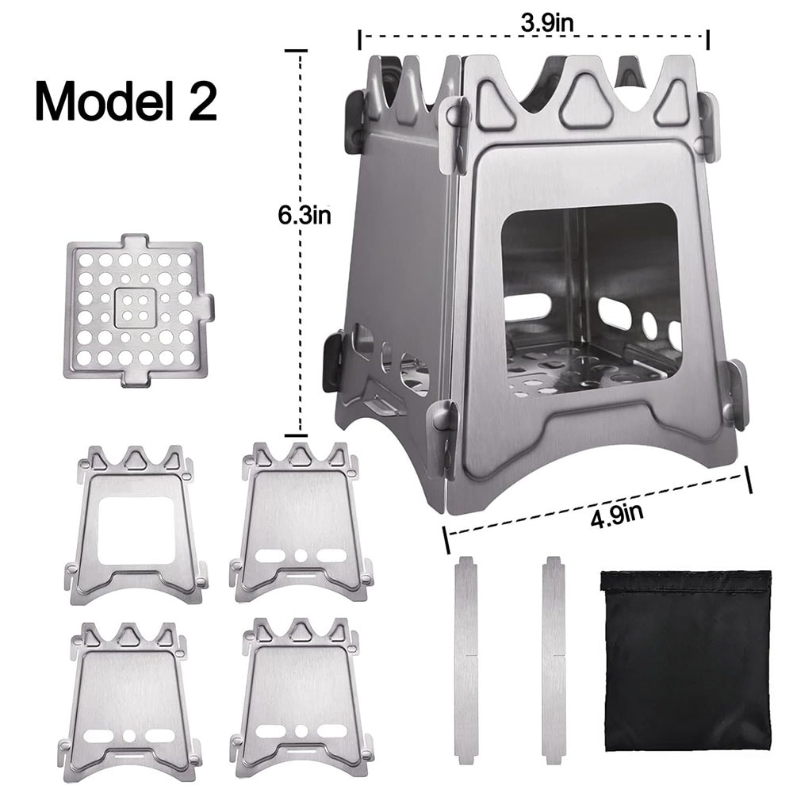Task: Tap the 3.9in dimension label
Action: [546, 23]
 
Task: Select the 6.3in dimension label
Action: [302, 216]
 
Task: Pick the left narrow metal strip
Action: [465, 661]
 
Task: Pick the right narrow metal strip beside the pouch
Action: [554, 661]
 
